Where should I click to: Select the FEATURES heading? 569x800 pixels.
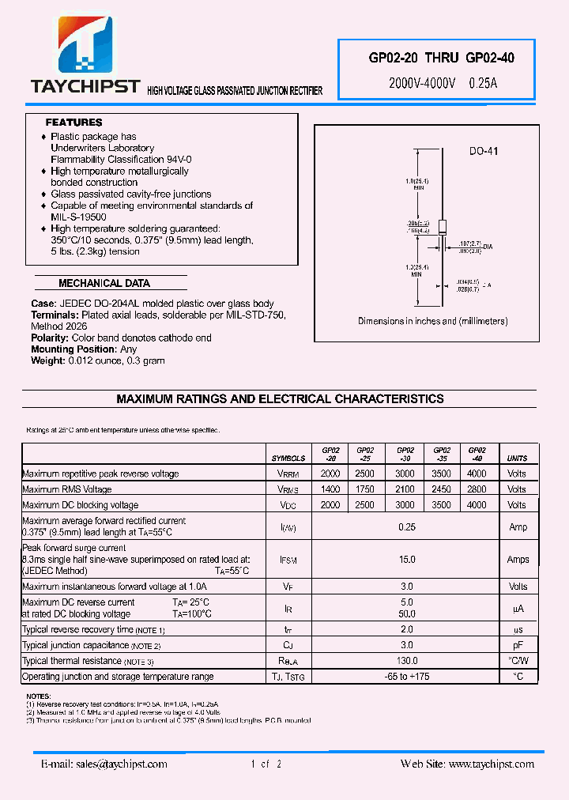(x=73, y=123)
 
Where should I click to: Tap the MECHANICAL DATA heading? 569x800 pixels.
(x=104, y=283)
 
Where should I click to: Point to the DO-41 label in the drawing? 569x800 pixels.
(x=483, y=151)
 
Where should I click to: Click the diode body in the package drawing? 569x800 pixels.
(x=443, y=225)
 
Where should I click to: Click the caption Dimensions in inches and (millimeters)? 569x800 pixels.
(x=432, y=321)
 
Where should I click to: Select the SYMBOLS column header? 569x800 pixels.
(x=288, y=458)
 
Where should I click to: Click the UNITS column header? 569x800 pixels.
(x=517, y=458)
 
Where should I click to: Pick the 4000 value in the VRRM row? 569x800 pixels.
(x=477, y=474)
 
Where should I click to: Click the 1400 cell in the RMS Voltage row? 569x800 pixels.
(x=330, y=489)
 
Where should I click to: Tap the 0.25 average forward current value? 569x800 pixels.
(x=406, y=526)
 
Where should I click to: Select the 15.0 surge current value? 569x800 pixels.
(x=406, y=560)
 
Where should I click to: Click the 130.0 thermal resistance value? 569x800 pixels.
(x=406, y=661)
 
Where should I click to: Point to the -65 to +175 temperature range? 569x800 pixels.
(x=406, y=677)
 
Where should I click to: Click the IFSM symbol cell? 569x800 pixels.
(x=288, y=560)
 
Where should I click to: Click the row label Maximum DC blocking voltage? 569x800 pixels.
(x=81, y=505)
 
